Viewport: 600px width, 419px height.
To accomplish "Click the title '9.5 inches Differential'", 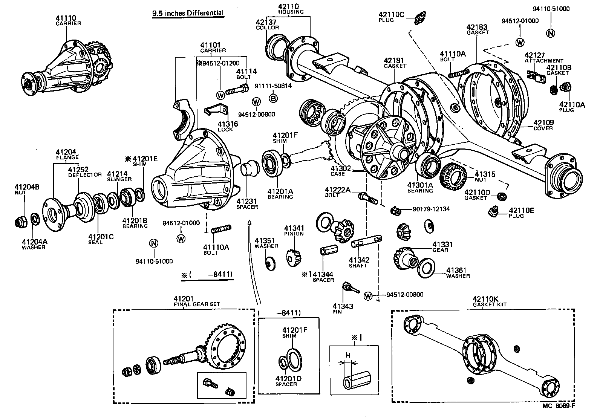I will [x=188, y=13].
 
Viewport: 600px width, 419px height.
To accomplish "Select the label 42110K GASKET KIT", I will [x=490, y=301].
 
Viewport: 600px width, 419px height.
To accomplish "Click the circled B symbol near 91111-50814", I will [x=273, y=99].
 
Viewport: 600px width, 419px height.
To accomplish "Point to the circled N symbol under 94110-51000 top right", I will [x=551, y=33].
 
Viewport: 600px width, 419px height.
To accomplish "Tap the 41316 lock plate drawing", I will [x=217, y=110].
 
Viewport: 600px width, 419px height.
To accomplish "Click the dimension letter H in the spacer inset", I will [x=348, y=355].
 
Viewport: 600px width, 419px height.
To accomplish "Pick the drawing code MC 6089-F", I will [x=559, y=406].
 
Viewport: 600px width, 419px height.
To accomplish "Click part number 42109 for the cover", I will [x=543, y=123].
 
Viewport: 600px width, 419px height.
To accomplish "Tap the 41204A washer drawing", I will [x=34, y=218].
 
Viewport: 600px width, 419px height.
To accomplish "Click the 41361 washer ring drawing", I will [x=426, y=268].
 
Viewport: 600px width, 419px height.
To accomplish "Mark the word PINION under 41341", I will [x=294, y=234].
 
